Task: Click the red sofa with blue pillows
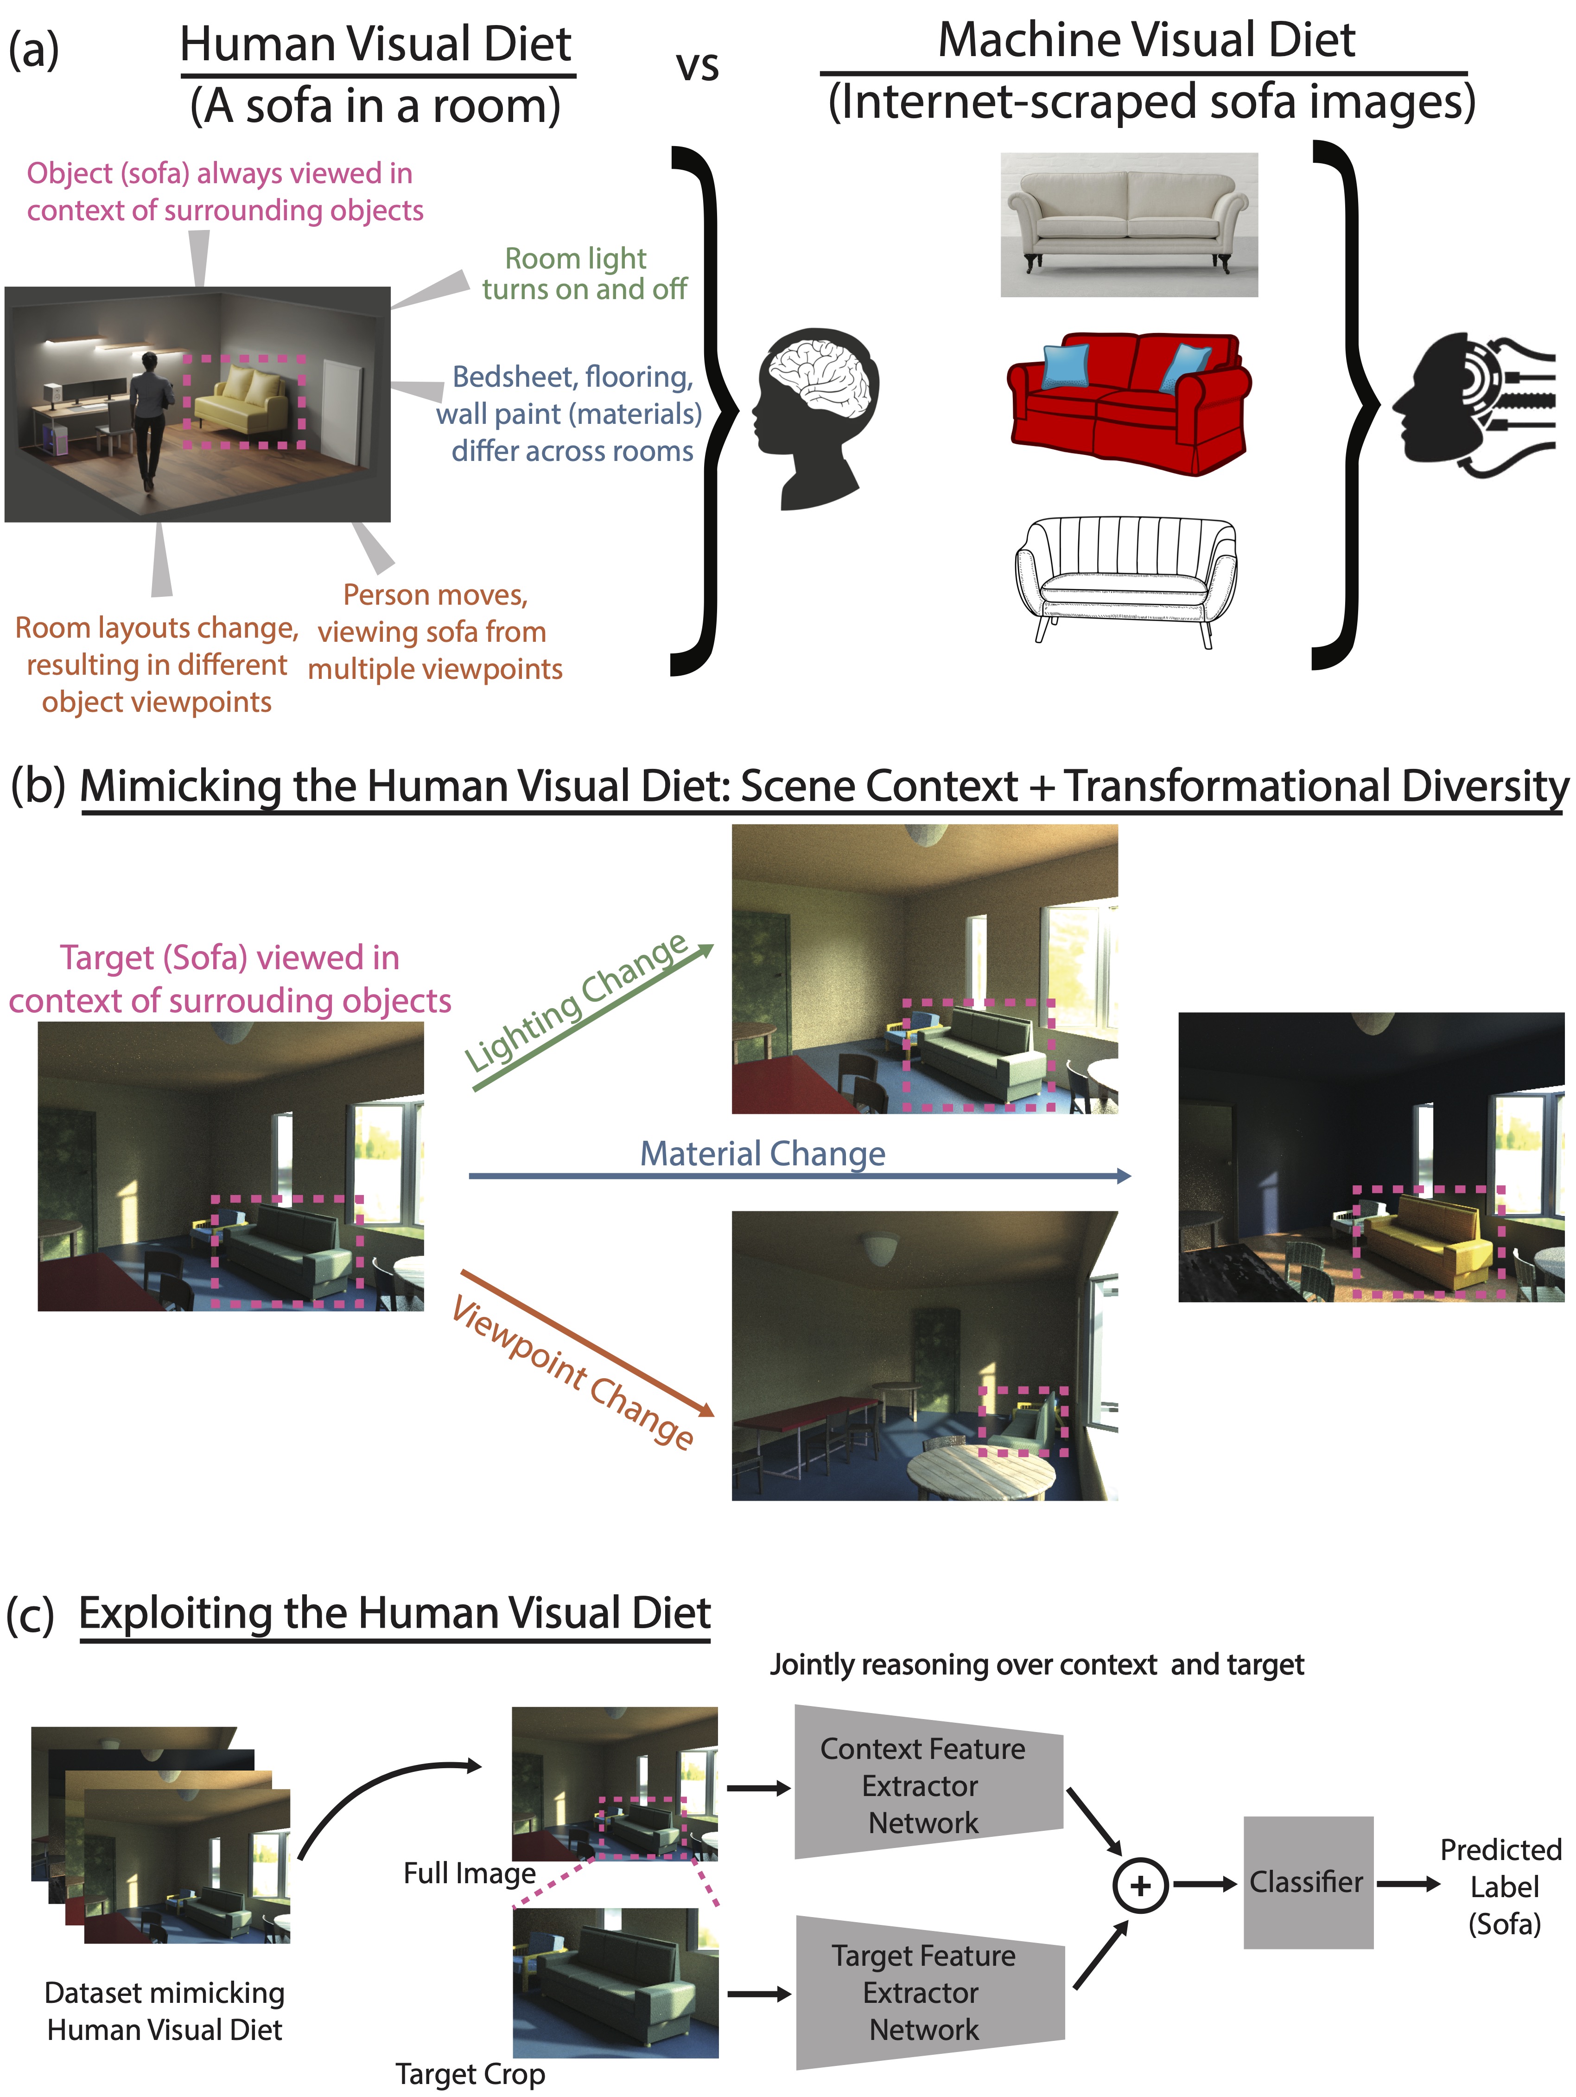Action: pyautogui.click(x=1128, y=403)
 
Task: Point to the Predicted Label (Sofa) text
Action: pyautogui.click(x=1502, y=1886)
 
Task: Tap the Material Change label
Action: pyautogui.click(x=763, y=1154)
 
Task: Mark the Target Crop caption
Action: pyautogui.click(x=470, y=2073)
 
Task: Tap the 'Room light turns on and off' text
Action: pyautogui.click(x=583, y=273)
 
